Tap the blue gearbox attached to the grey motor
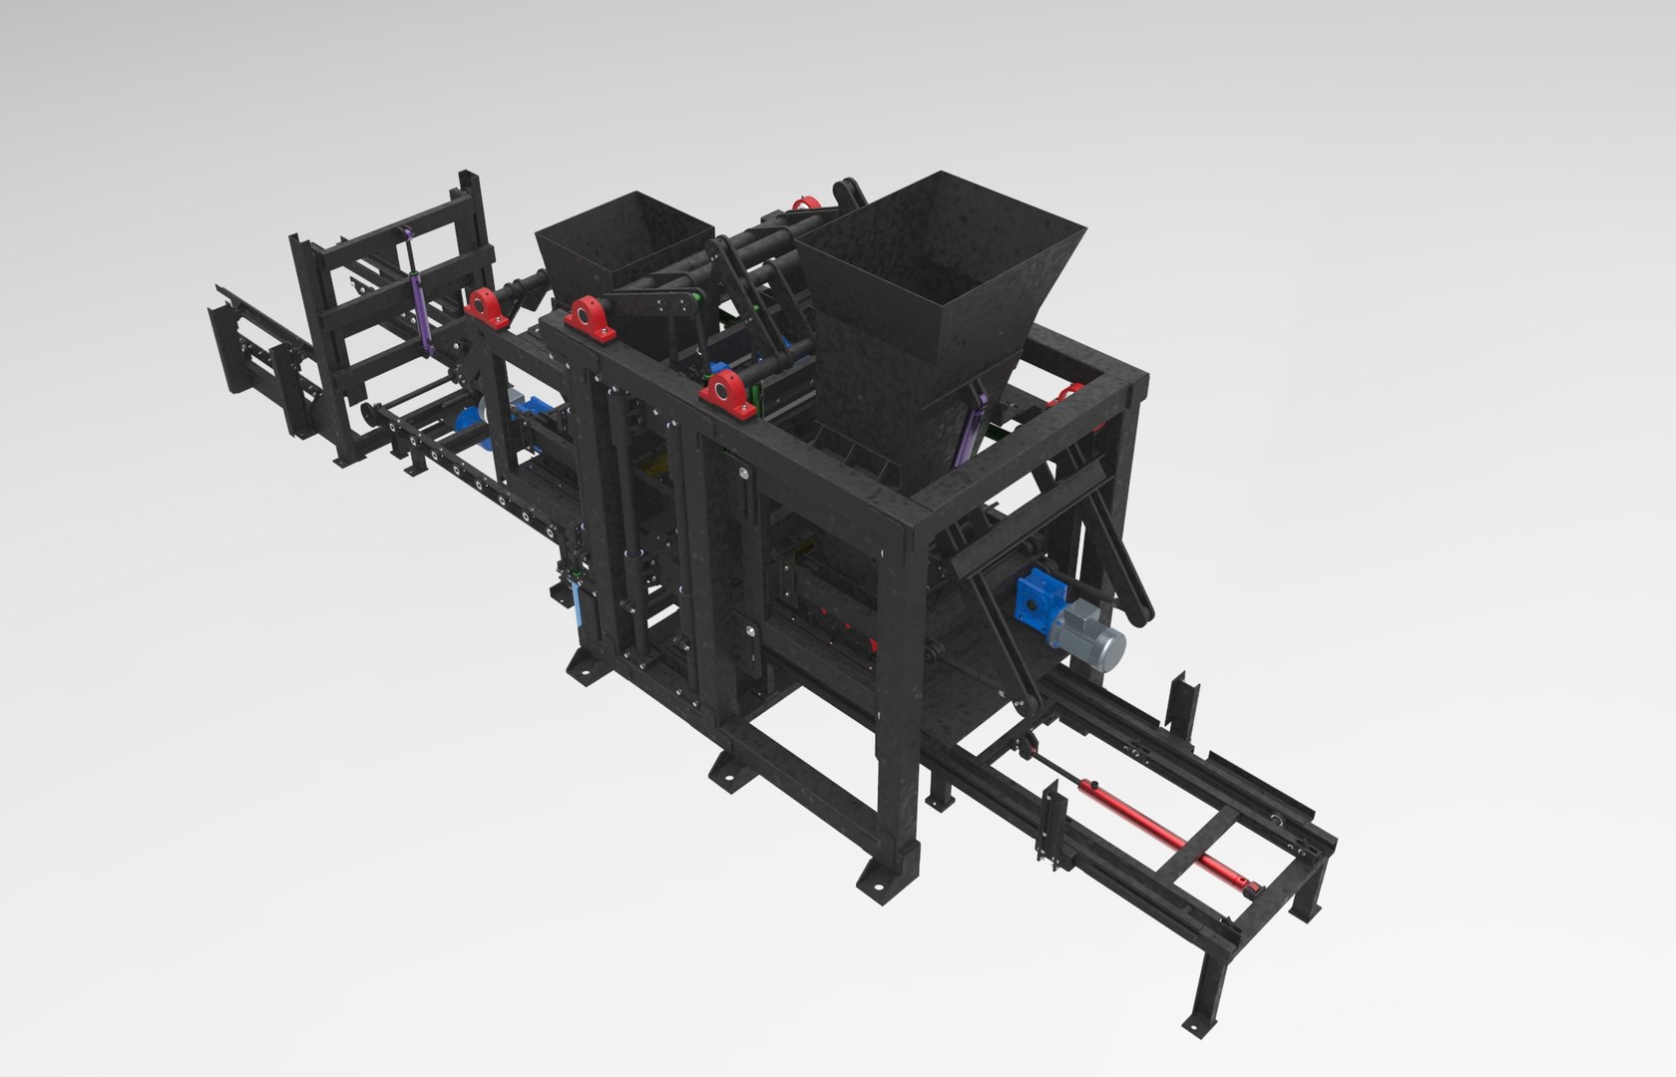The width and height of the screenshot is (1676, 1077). click(x=1035, y=598)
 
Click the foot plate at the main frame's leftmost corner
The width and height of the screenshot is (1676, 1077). click(x=582, y=670)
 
